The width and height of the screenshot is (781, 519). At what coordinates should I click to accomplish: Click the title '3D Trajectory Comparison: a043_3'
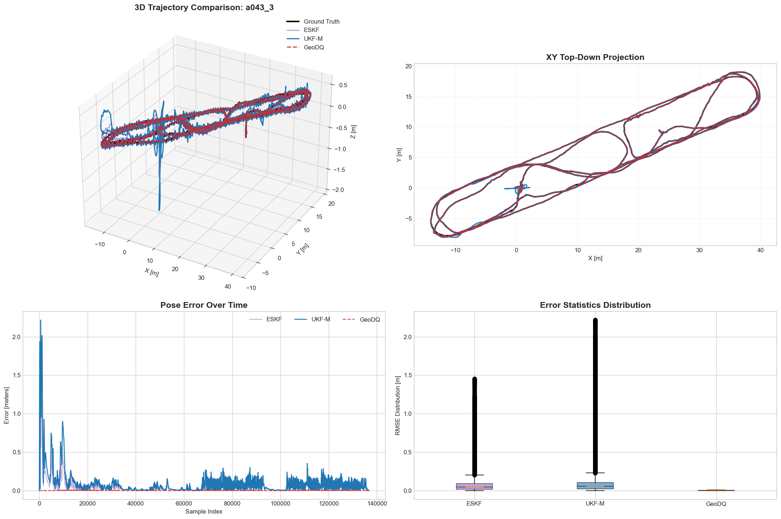[204, 8]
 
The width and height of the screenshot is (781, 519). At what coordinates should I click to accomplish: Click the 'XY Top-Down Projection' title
[595, 57]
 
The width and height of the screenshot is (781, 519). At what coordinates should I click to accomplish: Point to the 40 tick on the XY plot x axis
[760, 250]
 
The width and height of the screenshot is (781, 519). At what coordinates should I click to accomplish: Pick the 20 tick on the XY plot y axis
[408, 66]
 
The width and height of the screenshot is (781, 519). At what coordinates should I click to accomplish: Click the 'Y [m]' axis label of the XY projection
[399, 155]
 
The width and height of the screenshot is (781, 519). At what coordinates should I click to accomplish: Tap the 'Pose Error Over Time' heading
[204, 305]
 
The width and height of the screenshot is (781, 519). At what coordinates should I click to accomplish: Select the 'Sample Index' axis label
[204, 512]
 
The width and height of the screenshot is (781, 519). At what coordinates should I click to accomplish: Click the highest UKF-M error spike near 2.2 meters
[40, 321]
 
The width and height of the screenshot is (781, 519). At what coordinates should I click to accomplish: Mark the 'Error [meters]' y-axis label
[7, 405]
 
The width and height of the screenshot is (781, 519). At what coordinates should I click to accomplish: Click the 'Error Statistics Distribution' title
[595, 305]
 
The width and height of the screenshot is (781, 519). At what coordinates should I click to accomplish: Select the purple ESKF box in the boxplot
[474, 486]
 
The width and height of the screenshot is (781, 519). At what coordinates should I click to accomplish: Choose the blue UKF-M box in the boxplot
[595, 486]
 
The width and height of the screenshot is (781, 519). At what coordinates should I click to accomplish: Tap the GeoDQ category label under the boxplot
[716, 504]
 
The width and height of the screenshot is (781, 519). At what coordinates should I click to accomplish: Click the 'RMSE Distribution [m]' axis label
[398, 405]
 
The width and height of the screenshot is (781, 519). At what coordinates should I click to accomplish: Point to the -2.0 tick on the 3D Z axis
[337, 190]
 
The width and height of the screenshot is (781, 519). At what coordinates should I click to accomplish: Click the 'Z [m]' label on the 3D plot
[353, 132]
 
